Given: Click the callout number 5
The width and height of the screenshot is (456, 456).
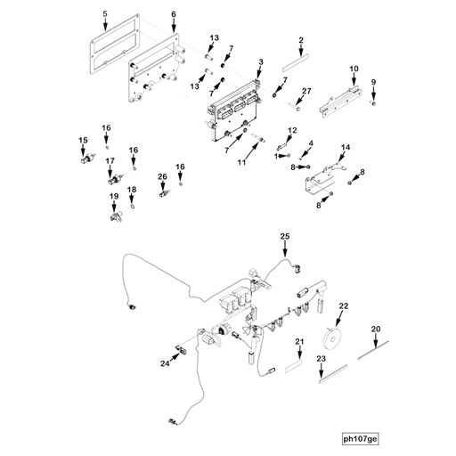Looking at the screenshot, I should [x=104, y=15].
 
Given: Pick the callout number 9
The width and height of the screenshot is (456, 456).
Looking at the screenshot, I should [x=374, y=83].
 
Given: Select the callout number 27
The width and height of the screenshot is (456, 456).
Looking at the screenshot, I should [x=306, y=91].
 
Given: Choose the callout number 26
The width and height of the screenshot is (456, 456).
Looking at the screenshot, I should [x=162, y=177].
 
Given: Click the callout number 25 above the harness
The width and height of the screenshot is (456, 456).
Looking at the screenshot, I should [x=286, y=236].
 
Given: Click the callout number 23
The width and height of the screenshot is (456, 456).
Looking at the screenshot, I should [x=322, y=358].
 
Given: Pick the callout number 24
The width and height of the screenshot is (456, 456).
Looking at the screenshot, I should [x=166, y=363].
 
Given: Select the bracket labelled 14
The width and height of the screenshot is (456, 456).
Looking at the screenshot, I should [x=322, y=177].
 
